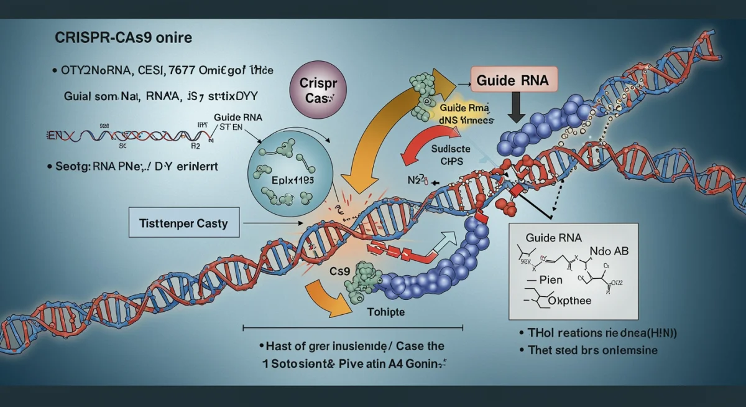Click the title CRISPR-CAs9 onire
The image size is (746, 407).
[x=119, y=37]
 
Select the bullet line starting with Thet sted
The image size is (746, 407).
[x=587, y=350]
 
